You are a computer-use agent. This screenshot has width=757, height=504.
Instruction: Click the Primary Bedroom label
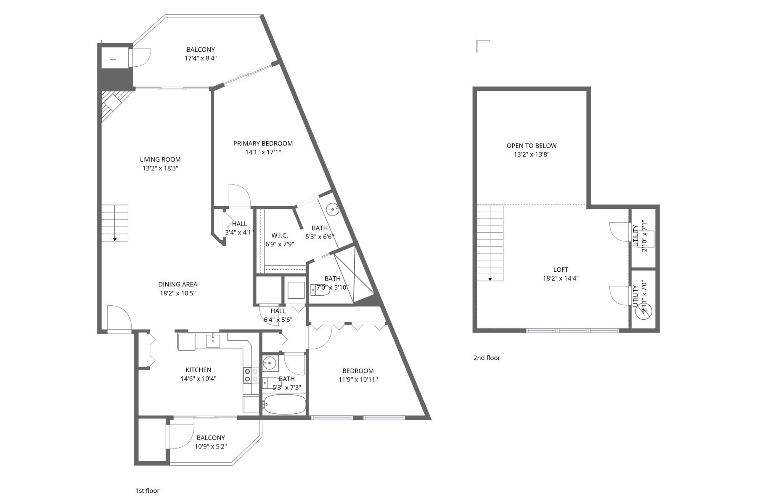click(x=263, y=144)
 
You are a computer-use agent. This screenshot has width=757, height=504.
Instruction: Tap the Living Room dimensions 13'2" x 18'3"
click(x=160, y=168)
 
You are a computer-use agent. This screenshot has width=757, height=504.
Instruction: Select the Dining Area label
click(x=177, y=284)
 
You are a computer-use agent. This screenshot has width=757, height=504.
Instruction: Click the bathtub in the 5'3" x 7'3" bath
click(x=284, y=404)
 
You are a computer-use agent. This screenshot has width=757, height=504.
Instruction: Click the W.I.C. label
click(x=279, y=235)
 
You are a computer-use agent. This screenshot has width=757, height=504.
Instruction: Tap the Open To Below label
click(x=531, y=146)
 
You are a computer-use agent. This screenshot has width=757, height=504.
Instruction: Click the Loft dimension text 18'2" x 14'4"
click(x=561, y=278)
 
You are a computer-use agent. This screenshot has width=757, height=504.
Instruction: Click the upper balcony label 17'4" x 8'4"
click(x=201, y=58)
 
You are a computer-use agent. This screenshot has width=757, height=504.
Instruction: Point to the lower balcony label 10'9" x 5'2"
click(x=211, y=446)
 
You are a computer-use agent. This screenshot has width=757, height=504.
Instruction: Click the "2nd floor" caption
click(x=487, y=358)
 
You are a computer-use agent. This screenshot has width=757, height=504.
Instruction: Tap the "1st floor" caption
click(x=147, y=491)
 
